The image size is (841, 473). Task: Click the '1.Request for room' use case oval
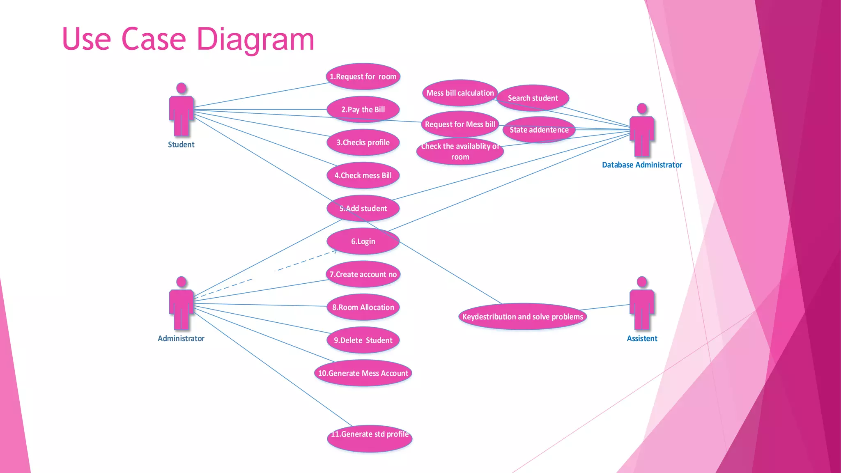coord(363,77)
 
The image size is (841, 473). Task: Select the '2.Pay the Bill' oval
coord(363,110)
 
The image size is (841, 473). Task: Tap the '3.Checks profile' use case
coord(363,142)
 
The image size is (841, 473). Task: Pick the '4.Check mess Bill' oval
coord(363,175)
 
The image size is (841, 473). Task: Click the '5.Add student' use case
coord(363,208)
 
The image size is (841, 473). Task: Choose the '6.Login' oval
coord(363,241)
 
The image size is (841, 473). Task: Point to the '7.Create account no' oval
coord(363,274)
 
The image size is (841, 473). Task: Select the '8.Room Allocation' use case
coord(363,307)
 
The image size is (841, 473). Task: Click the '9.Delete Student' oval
coord(363,340)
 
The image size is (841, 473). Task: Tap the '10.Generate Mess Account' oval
coord(363,373)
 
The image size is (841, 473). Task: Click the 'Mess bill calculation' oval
coord(460,93)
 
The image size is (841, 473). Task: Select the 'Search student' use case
coord(533,98)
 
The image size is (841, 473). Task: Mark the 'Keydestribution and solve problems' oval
coord(522,317)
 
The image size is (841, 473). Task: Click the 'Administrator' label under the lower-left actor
coord(181,338)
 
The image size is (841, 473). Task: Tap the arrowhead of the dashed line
coord(335,251)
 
